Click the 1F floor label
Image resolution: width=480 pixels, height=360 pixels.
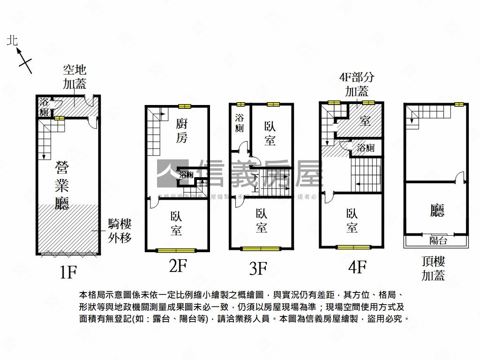tap(68, 272)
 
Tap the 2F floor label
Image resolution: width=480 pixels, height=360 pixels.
tap(178, 266)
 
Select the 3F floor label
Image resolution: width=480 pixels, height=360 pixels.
tap(258, 269)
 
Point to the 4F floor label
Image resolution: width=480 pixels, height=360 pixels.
tap(357, 267)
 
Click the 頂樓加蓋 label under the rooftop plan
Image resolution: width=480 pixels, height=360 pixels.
tap(433, 269)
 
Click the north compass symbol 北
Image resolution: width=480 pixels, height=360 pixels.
tap(12, 41)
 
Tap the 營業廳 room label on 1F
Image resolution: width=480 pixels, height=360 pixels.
tap(62, 185)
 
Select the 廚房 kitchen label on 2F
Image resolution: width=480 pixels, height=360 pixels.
tap(182, 131)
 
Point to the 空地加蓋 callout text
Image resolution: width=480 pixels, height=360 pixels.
tap(75, 77)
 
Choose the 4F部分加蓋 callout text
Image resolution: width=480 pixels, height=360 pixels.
tap(357, 84)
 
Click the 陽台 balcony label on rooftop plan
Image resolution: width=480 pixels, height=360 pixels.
tap(438, 241)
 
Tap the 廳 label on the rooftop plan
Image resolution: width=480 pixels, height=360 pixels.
tap(437, 211)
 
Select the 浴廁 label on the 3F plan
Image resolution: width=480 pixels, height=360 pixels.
tap(239, 122)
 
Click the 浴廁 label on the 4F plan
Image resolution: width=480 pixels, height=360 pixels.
tap(366, 149)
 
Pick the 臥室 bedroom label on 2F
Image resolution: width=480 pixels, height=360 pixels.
tap(176, 223)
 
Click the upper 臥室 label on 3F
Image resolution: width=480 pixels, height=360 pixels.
tap(270, 133)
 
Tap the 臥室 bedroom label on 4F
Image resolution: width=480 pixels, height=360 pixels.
tap(352, 221)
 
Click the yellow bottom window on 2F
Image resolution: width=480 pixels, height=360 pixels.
tap(176, 250)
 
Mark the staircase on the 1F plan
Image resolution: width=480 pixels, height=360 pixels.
tap(46, 138)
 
